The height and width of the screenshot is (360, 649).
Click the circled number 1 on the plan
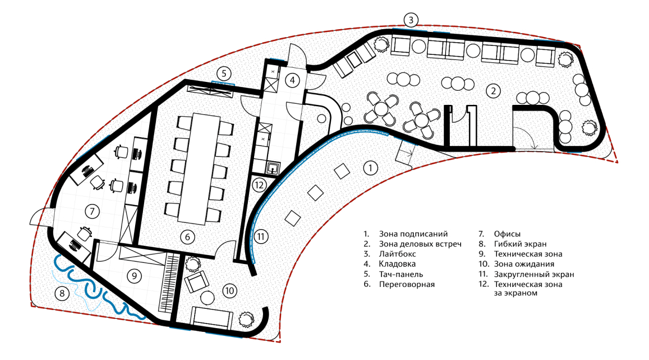[x=369, y=168]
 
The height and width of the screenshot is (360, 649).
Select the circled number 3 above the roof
[x=411, y=20]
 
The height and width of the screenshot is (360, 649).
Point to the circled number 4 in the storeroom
[x=293, y=80]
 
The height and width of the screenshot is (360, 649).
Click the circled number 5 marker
[x=223, y=73]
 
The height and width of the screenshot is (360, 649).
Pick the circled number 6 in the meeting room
[x=188, y=236]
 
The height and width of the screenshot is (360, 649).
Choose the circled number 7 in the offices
[x=92, y=211]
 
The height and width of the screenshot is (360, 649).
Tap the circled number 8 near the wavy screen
[x=62, y=293]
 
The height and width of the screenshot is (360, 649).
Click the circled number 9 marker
[x=134, y=275]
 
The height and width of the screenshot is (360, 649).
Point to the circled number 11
[x=261, y=236]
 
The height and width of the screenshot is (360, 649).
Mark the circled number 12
[x=259, y=185]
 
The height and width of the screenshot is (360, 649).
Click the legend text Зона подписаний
[x=413, y=234]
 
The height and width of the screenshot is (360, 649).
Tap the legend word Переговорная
[x=406, y=284]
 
